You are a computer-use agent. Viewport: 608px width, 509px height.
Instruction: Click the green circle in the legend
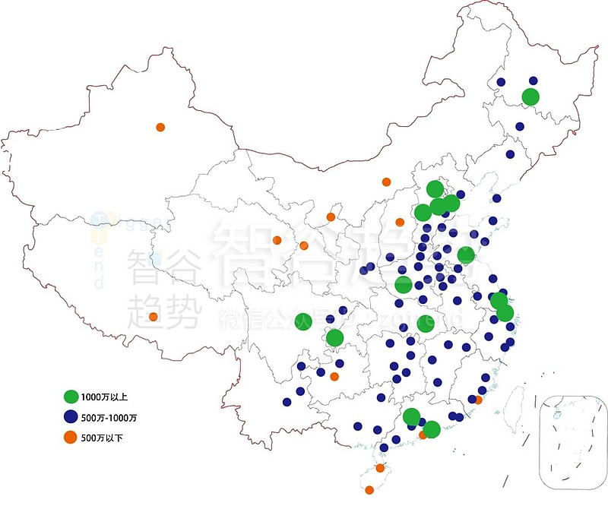pyautogui.click(x=71, y=397)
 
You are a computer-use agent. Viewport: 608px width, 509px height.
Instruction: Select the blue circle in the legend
pyautogui.click(x=71, y=417)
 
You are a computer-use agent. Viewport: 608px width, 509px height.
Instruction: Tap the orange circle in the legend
pyautogui.click(x=71, y=437)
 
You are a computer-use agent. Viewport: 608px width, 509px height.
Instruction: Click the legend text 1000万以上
pyautogui.click(x=105, y=397)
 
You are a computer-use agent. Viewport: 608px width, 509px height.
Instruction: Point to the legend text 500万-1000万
pyautogui.click(x=109, y=418)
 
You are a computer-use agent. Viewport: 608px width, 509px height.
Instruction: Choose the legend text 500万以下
pyautogui.click(x=103, y=438)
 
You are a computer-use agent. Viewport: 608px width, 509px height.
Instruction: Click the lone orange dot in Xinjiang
pyautogui.click(x=160, y=127)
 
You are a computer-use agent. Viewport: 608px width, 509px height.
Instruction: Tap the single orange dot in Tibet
pyautogui.click(x=154, y=317)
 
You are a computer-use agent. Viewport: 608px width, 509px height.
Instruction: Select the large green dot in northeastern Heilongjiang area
pyautogui.click(x=530, y=96)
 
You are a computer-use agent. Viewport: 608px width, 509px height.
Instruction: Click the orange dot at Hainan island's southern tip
pyautogui.click(x=369, y=490)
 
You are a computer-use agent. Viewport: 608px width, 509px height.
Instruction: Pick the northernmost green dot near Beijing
pyautogui.click(x=435, y=188)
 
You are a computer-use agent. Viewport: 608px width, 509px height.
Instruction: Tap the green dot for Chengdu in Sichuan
pyautogui.click(x=302, y=321)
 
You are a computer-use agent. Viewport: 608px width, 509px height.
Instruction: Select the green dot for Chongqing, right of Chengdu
pyautogui.click(x=335, y=338)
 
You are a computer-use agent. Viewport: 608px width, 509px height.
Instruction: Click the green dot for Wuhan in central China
pyautogui.click(x=426, y=324)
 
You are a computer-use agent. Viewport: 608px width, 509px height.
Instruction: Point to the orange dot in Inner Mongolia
pyautogui.click(x=386, y=182)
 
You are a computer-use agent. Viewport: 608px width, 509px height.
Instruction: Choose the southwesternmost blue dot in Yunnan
pyautogui.click(x=287, y=402)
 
